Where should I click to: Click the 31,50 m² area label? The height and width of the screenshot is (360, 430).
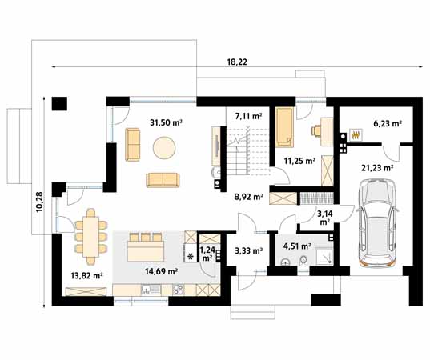pyautogui.click(x=167, y=122)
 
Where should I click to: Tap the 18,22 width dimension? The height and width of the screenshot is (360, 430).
pyautogui.click(x=237, y=62)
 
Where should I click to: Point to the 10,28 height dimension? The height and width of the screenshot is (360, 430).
pyautogui.click(x=39, y=202)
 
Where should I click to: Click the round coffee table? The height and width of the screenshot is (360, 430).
pyautogui.click(x=164, y=147)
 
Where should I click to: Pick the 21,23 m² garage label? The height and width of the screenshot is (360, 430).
pyautogui.click(x=377, y=168)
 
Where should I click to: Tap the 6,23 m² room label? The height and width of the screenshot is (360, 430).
pyautogui.click(x=388, y=124)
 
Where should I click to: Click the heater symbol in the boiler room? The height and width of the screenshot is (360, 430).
pyautogui.click(x=356, y=135)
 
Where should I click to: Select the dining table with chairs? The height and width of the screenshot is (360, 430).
pyautogui.click(x=91, y=237)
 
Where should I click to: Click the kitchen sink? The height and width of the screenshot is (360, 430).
pyautogui.click(x=151, y=290)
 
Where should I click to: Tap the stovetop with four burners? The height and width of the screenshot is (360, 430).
pyautogui.click(x=179, y=290)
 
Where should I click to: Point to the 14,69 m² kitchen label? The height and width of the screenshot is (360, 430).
pyautogui.click(x=162, y=271)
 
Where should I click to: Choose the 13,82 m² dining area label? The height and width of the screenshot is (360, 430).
pyautogui.click(x=86, y=276)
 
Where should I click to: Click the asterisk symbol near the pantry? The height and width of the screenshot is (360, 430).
pyautogui.click(x=191, y=257)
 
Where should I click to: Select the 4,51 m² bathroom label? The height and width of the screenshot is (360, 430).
pyautogui.click(x=297, y=246)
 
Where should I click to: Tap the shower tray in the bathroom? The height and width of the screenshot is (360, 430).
pyautogui.click(x=324, y=257)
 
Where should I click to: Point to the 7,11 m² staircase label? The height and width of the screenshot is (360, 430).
pyautogui.click(x=248, y=117)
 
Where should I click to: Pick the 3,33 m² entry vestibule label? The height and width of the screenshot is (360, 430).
pyautogui.click(x=249, y=250)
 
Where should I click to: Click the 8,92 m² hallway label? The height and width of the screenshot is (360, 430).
pyautogui.click(x=249, y=197)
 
